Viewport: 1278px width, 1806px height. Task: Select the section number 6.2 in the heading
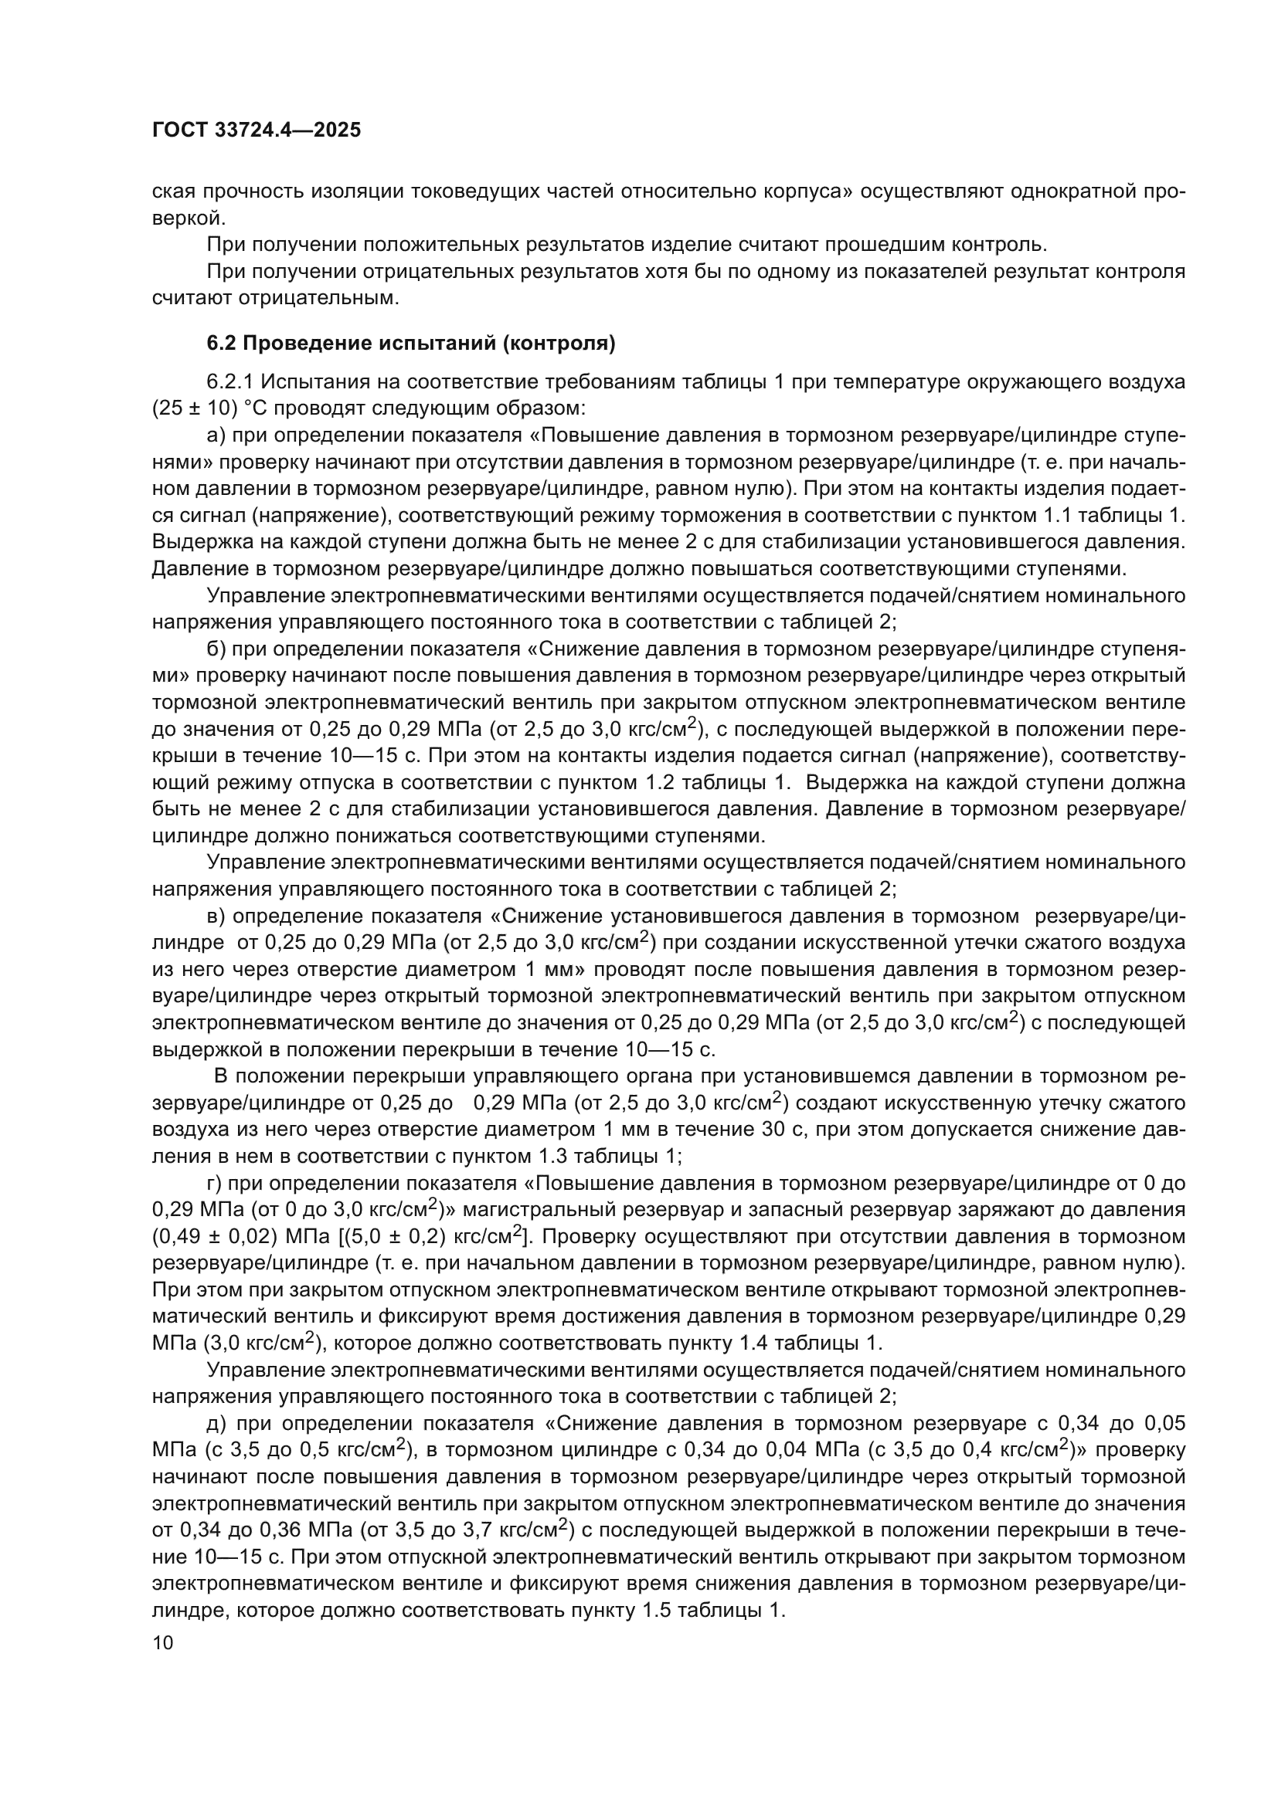tap(221, 344)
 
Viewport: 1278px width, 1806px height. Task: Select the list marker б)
tap(215, 649)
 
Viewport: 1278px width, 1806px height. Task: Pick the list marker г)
tap(213, 1184)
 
